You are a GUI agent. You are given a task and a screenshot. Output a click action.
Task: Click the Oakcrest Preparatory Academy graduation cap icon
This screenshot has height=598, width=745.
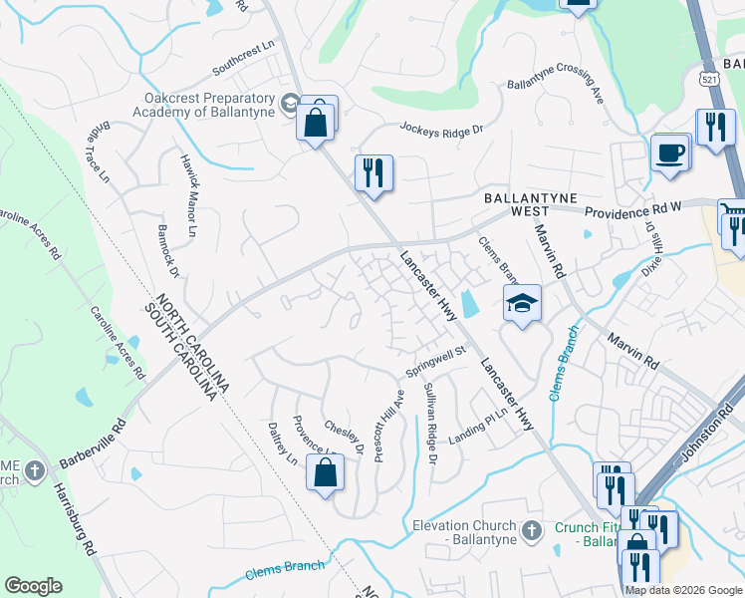point(289,102)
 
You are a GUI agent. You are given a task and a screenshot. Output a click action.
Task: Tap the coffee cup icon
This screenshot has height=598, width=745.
point(670,153)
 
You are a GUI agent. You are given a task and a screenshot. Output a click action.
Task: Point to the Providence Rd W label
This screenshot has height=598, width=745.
point(632,212)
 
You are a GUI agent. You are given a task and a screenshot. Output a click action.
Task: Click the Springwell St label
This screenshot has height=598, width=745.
point(435,363)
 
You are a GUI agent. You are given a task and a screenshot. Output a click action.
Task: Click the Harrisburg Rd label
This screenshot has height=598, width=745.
point(74,519)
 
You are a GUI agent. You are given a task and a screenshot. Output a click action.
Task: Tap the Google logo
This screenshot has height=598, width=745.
point(33,586)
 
